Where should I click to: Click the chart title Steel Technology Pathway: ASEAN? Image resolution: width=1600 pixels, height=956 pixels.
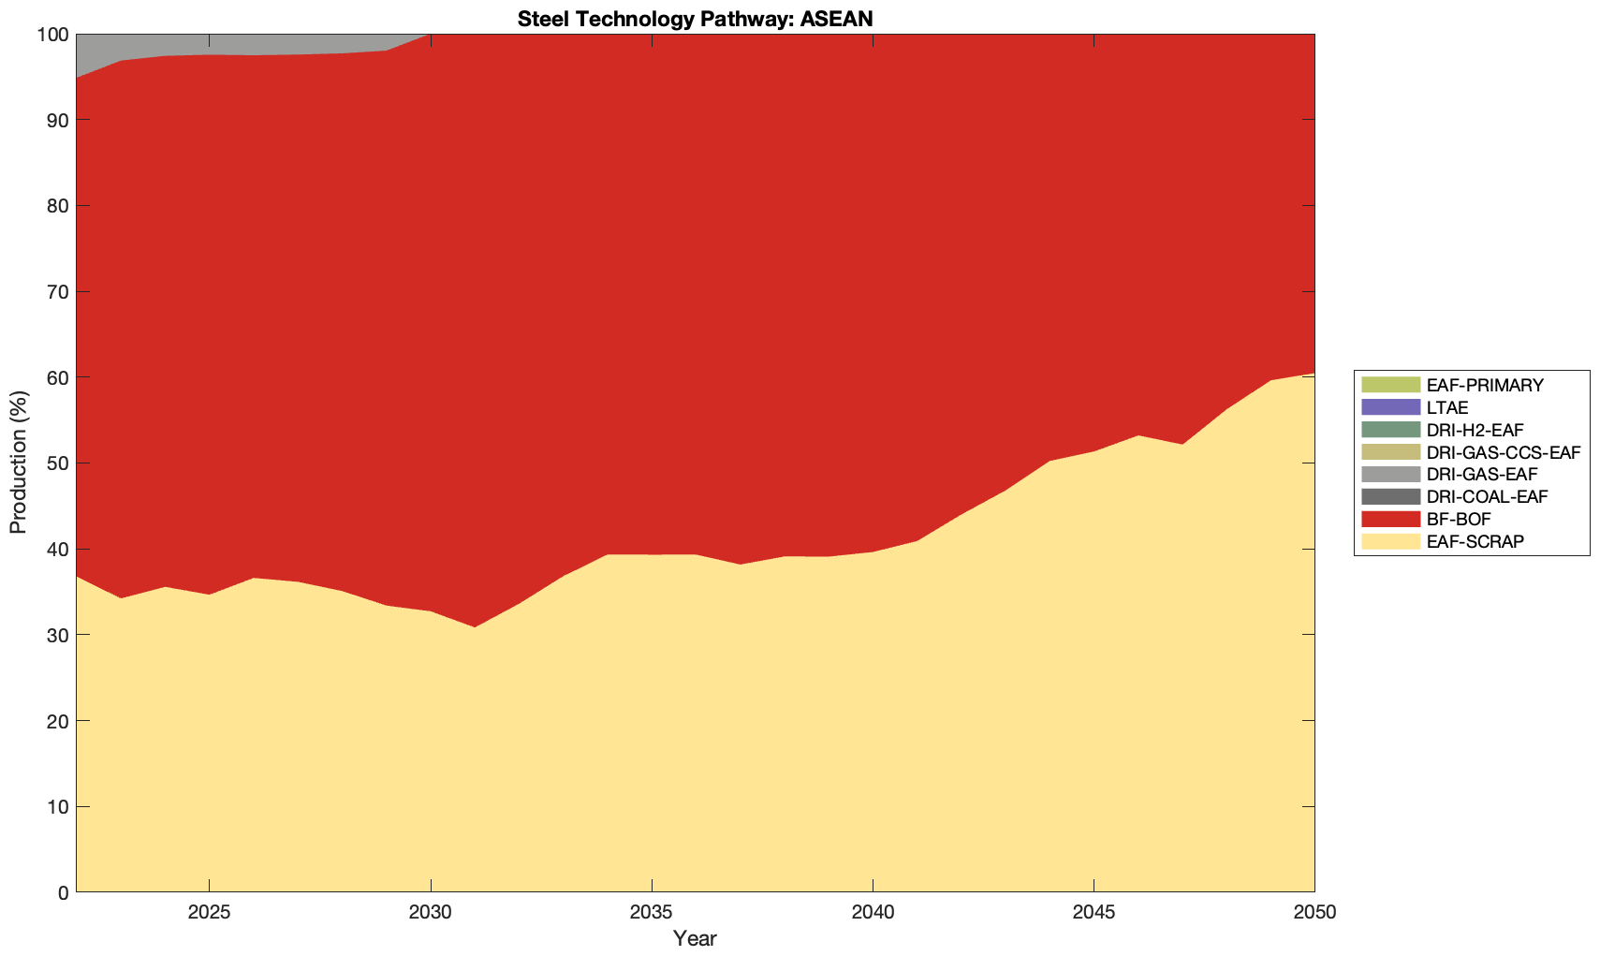[695, 19]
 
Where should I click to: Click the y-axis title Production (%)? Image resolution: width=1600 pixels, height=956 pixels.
[19, 463]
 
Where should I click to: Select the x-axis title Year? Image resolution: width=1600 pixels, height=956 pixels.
[695, 937]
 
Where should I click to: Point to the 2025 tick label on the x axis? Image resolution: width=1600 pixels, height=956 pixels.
[209, 913]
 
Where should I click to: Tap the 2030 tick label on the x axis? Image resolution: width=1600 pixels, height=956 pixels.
[431, 913]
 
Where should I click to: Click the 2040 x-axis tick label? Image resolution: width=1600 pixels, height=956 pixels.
[873, 913]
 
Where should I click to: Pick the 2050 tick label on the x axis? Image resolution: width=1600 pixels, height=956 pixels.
[1314, 913]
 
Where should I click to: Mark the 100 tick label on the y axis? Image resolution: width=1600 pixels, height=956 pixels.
[53, 35]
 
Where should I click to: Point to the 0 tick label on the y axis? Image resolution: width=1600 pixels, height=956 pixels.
[63, 892]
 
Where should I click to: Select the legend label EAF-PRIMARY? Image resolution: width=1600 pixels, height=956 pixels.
[1485, 385]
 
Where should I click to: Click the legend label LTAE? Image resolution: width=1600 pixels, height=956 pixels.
[1447, 407]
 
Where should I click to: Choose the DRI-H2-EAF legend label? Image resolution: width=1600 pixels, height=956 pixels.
[1475, 430]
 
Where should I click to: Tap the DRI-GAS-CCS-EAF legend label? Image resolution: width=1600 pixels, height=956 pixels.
[1503, 452]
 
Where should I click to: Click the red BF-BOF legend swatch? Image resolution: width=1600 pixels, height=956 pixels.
[1390, 519]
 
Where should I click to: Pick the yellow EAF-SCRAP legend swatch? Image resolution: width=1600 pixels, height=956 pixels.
[1390, 541]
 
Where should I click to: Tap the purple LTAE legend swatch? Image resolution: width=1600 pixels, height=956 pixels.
[1390, 407]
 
